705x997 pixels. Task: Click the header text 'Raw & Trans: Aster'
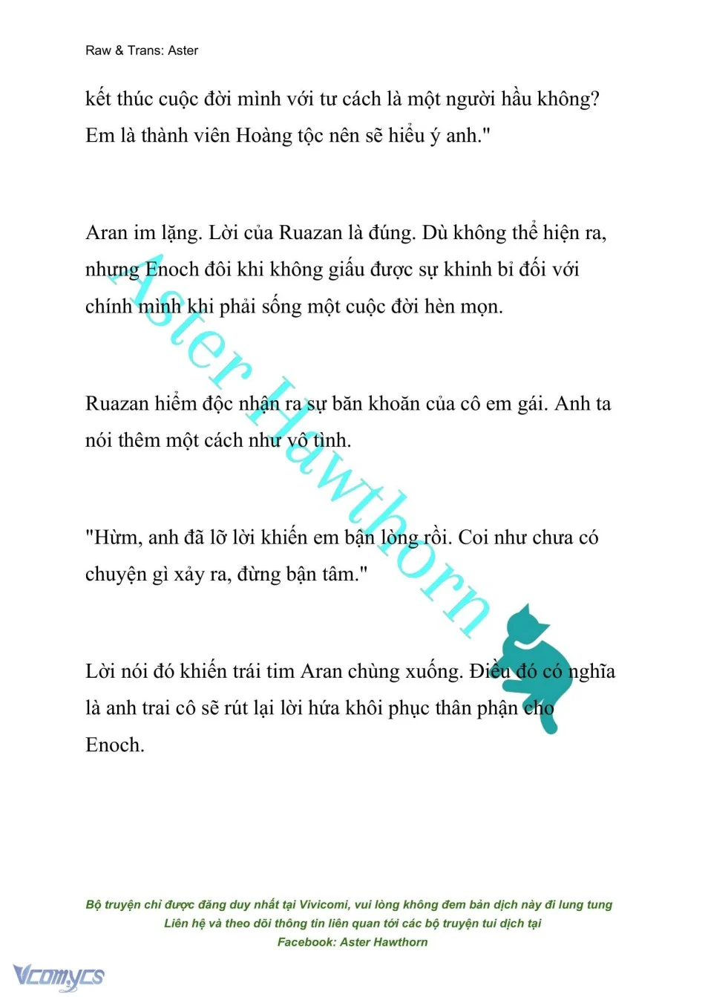tap(142, 50)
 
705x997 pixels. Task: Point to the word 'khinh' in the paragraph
tap(469, 269)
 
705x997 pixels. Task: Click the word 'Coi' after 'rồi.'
tap(473, 537)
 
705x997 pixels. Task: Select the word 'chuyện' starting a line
tap(116, 575)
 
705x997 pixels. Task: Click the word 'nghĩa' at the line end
tap(591, 672)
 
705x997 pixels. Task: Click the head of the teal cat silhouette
tap(530, 624)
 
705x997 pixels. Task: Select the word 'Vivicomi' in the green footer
tap(324, 904)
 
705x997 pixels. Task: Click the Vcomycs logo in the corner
tap(59, 975)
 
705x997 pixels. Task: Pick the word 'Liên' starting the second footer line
tap(177, 924)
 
